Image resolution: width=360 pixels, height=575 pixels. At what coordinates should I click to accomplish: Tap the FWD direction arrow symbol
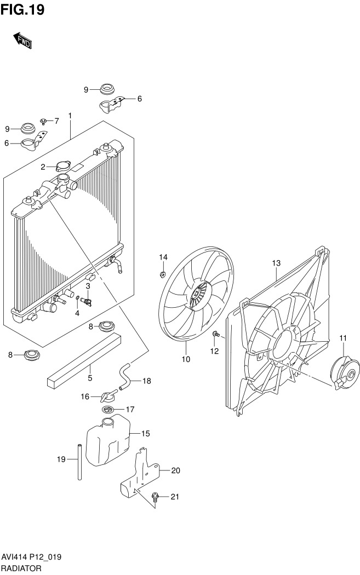tap(22, 41)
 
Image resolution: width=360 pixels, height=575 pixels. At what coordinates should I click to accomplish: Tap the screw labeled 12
tap(215, 334)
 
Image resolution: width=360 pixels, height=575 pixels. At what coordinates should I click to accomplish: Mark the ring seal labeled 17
tap(109, 410)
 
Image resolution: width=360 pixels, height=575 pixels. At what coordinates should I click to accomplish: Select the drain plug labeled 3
tap(89, 299)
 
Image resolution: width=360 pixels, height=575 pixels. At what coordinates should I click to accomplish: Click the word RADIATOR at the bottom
tap(21, 569)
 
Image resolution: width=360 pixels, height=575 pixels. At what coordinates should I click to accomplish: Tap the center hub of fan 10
tap(196, 297)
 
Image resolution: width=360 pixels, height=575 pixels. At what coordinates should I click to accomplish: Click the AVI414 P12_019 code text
tap(31, 557)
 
